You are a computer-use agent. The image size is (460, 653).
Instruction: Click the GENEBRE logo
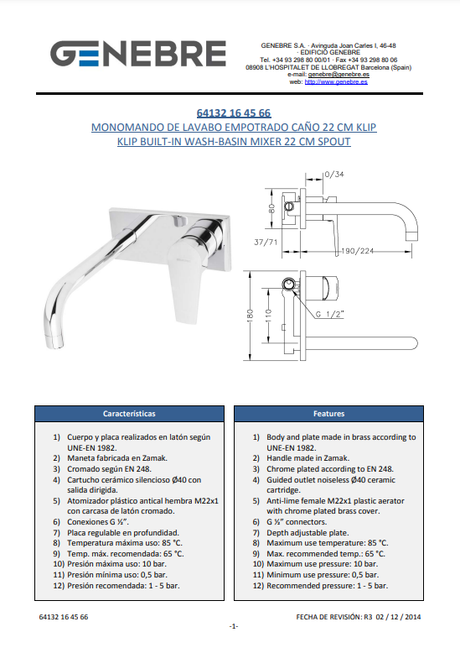point(138,54)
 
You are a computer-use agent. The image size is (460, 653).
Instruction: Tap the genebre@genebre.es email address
point(339,75)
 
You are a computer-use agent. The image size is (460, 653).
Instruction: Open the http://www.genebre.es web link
point(336,82)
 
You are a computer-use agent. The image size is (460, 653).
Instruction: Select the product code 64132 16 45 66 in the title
point(234,112)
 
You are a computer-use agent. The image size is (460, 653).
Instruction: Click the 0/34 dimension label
point(334,174)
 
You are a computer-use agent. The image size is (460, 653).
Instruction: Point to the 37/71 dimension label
point(266,242)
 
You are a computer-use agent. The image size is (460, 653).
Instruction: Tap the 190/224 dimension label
point(358,251)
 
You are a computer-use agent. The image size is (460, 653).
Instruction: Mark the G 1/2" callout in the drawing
point(329,315)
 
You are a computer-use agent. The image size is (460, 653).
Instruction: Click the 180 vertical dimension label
point(250,316)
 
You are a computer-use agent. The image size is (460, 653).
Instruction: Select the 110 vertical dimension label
point(268,315)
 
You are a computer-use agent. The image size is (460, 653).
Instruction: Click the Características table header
point(129,414)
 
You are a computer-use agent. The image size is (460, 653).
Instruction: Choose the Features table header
point(329,414)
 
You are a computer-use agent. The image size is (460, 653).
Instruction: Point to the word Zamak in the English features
point(336,458)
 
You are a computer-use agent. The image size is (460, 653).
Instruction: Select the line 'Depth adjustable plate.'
point(308,533)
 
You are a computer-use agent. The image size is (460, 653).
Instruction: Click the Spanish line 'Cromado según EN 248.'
point(109,469)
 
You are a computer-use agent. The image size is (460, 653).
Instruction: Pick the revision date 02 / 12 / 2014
point(399,617)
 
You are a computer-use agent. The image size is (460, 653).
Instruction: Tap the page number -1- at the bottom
point(234,626)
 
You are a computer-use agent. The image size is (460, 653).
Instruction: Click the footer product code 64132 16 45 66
point(64,617)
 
